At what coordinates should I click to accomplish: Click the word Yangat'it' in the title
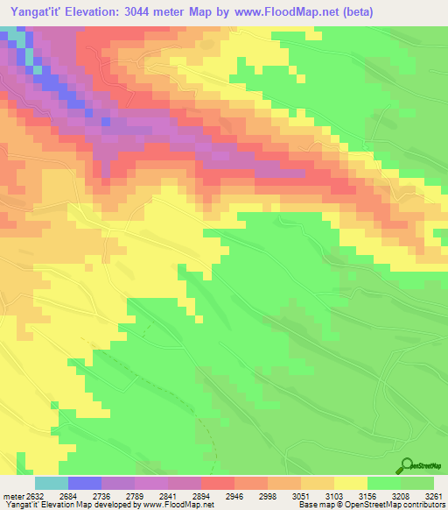[x=37, y=12]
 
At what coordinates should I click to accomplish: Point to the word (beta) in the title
[x=355, y=12]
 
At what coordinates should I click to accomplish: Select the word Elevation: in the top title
[x=101, y=12]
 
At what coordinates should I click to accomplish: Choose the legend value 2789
[x=150, y=496]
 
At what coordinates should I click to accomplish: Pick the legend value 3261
[x=434, y=496]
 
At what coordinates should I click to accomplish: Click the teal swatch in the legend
[x=52, y=483]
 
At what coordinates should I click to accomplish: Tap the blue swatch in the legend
[x=85, y=483]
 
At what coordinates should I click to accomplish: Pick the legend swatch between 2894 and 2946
[x=218, y=483]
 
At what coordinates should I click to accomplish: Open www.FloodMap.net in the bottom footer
[x=179, y=506]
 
